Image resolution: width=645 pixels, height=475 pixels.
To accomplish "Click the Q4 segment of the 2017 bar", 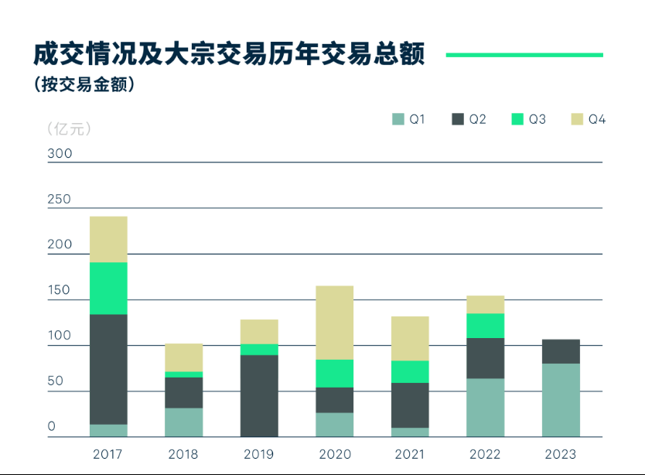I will coord(108,239).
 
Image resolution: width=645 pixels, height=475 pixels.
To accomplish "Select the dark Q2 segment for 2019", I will coord(259,396).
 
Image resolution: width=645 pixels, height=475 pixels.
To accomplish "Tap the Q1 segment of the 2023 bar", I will coord(561,400).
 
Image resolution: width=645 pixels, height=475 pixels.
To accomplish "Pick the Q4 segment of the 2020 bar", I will coord(334,323).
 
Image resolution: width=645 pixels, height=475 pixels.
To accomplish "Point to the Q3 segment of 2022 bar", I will coord(485,326).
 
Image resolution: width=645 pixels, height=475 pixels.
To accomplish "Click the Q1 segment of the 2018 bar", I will coord(183,422).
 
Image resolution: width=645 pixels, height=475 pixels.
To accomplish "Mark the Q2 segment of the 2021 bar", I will coord(410,405).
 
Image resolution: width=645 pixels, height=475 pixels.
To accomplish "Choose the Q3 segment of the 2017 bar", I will coord(108,288).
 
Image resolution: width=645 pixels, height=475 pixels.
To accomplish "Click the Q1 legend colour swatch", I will coord(398,119).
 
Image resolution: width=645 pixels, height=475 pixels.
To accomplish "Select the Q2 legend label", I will coord(477,119).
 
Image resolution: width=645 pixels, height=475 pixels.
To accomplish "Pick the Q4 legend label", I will coord(596,119).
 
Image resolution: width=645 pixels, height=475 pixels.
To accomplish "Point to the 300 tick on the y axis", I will coord(60,154).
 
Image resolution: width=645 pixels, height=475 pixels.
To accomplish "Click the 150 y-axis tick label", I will coord(60,291).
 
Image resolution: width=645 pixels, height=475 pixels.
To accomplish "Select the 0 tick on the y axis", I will coord(52,427).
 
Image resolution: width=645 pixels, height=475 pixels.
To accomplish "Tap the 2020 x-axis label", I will coord(334,454).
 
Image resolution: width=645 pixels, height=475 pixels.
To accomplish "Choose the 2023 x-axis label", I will coord(561,454).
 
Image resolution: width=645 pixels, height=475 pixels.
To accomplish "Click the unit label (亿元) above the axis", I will coord(69,128).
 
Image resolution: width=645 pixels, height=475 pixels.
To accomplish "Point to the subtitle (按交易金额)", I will coord(84,85).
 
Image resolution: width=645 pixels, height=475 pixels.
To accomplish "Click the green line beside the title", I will coord(524,55).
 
